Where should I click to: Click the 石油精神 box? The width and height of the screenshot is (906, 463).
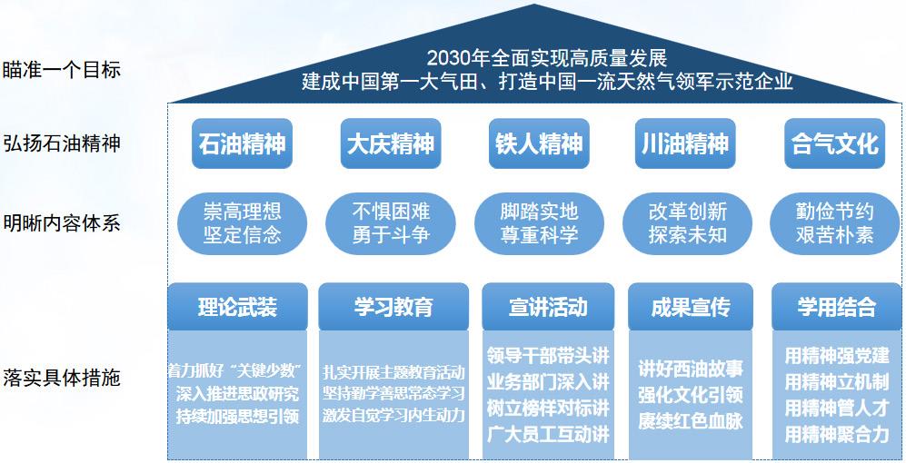point(242,143)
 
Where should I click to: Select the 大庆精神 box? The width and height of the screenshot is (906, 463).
point(391,143)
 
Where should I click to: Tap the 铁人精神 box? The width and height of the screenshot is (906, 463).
point(539,143)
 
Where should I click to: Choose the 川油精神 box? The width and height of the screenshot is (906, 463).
point(685,143)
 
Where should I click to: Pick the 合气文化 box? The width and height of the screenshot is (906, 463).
point(835,143)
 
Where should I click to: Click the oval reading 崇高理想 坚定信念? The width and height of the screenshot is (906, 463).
point(242,223)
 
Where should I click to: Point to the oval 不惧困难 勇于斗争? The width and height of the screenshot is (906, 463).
point(391,223)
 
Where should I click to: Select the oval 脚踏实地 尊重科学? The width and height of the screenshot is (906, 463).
point(539,223)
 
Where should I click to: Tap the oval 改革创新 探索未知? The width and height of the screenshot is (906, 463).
point(688,223)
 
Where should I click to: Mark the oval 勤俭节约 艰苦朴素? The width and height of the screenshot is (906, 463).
point(835,223)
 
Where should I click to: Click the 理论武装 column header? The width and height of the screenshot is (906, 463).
point(237,307)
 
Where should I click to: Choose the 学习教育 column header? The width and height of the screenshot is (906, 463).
point(393,307)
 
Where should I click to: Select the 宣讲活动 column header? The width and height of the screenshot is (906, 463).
point(548,307)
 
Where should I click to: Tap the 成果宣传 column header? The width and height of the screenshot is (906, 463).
point(691,307)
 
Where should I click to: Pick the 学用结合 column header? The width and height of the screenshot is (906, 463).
point(837,307)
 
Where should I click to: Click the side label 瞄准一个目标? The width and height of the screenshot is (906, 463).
point(61,70)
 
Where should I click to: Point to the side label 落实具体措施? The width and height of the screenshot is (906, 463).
point(61,378)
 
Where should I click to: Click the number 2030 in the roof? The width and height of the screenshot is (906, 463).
point(448,58)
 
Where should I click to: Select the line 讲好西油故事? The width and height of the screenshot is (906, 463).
point(691,369)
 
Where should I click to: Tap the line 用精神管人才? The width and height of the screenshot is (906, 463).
point(837,408)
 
